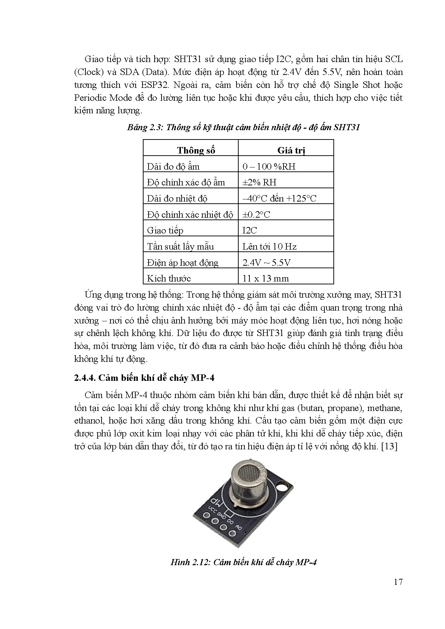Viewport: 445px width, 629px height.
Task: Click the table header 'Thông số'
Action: (196, 150)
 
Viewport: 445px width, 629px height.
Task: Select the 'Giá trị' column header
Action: (291, 150)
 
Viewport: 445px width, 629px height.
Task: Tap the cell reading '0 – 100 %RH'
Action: (269, 166)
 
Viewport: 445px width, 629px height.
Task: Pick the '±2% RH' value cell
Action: (259, 182)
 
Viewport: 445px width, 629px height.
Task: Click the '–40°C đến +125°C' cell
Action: (280, 198)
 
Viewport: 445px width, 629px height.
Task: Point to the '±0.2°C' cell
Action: (256, 214)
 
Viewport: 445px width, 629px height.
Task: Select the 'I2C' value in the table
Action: (250, 230)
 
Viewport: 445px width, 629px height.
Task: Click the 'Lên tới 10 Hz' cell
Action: (270, 246)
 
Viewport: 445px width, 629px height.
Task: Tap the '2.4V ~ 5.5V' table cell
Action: (266, 263)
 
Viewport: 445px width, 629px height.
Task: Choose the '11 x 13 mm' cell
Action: (266, 278)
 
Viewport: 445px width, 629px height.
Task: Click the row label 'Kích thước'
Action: (169, 278)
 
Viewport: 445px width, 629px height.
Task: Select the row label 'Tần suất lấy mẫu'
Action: (180, 246)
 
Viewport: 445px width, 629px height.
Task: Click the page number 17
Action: (398, 582)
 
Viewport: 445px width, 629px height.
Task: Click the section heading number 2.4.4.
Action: (85, 378)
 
